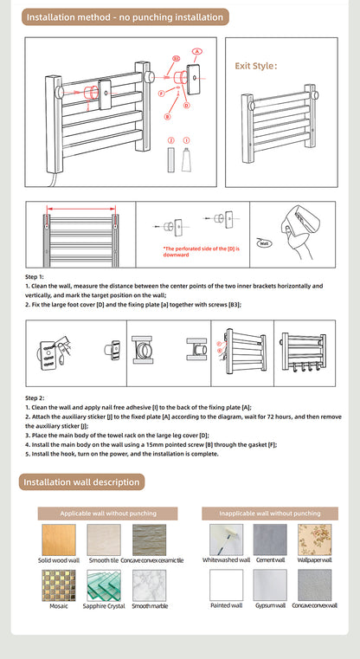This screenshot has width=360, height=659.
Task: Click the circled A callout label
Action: click(197, 52)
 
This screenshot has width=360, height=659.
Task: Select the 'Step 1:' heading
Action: click(35, 276)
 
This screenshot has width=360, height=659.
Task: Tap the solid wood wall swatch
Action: click(58, 539)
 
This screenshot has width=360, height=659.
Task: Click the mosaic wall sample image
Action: click(58, 585)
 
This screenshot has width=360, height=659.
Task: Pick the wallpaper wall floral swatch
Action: click(314, 539)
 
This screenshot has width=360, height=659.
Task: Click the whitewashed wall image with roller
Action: click(226, 539)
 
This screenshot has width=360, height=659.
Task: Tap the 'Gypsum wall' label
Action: click(270, 606)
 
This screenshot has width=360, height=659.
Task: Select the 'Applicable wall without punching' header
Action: click(108, 514)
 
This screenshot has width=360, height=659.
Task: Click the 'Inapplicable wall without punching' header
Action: click(270, 514)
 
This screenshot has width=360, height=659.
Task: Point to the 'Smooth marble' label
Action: click(149, 606)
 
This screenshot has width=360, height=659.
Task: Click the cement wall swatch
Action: click(270, 539)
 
